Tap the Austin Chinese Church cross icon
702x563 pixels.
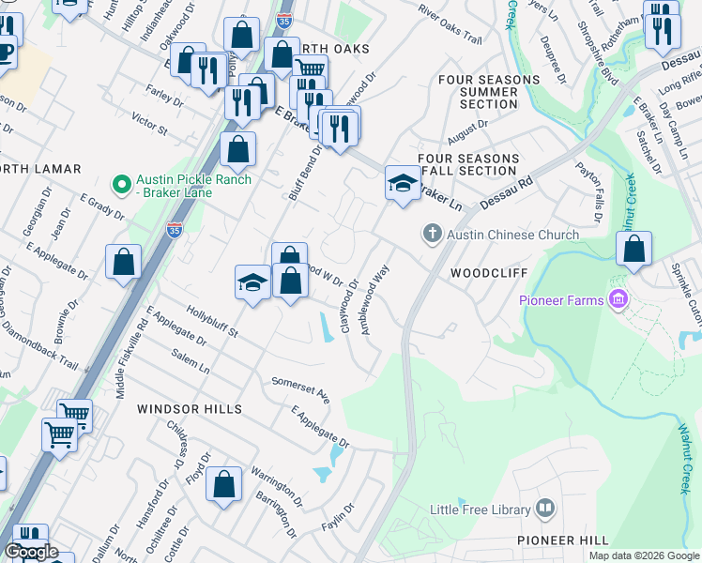[432, 234]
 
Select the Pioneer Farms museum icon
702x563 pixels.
[618, 300]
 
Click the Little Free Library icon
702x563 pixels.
[545, 510]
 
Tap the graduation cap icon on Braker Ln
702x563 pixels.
[403, 183]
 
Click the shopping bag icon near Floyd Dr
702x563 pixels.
[224, 485]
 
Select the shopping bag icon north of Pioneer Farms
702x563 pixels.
[634, 249]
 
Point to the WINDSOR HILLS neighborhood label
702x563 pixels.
[190, 409]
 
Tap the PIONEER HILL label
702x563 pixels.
[562, 540]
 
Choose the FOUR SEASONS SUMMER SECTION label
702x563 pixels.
[489, 92]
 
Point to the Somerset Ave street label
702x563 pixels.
[300, 389]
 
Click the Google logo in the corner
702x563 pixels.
[30, 552]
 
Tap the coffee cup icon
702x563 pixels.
[5, 51]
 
